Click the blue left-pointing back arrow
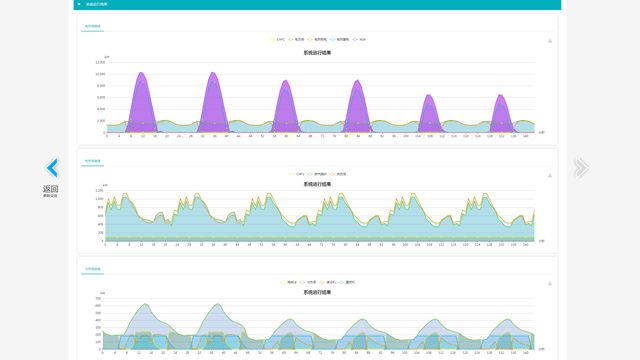(x=52, y=168)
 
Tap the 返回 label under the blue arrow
(x=50, y=189)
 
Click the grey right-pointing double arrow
(x=580, y=167)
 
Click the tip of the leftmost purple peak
(x=141, y=73)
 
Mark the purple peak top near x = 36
(x=213, y=73)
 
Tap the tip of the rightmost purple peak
(x=501, y=95)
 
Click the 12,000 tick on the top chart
(x=100, y=62)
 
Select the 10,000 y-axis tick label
(x=100, y=74)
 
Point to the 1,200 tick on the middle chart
(x=100, y=191)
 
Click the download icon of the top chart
(x=550, y=41)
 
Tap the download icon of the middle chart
(x=550, y=174)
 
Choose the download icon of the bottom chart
(x=550, y=283)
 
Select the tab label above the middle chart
(x=91, y=159)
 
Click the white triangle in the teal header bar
(x=78, y=4)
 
